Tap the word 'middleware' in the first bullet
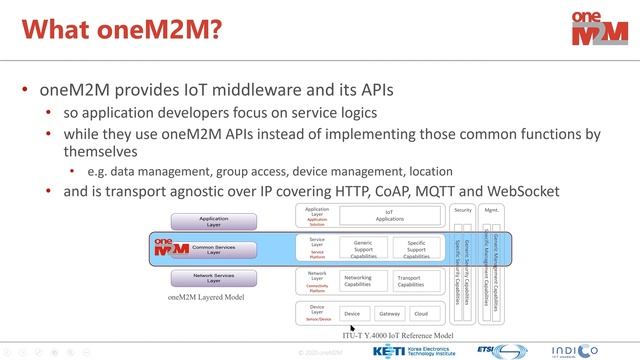click(273, 90)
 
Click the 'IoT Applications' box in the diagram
click(390, 215)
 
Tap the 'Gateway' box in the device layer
click(389, 314)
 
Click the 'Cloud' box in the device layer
click(421, 314)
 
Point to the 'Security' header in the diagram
click(463, 210)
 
